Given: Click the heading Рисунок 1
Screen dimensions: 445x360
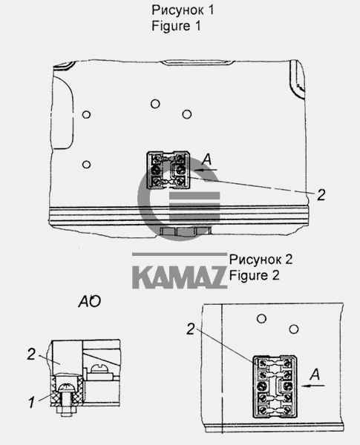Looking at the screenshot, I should [x=178, y=10].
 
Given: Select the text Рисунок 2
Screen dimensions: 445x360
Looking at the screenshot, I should [x=261, y=260].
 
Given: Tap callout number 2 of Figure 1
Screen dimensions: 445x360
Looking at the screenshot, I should [x=320, y=195].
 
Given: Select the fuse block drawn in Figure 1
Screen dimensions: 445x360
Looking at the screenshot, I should [x=170, y=171].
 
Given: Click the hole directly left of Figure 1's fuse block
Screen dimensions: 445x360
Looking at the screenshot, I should [x=88, y=164].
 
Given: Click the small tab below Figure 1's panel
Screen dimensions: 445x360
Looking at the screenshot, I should [x=178, y=232].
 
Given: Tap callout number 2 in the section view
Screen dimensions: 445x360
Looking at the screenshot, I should [x=31, y=355].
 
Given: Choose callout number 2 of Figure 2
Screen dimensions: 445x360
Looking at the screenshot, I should [x=192, y=329].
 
